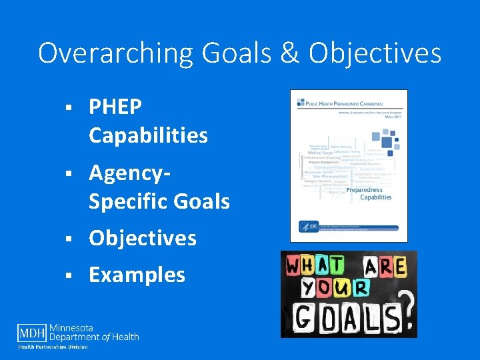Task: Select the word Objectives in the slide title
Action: coord(375,53)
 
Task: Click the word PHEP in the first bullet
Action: coord(115,107)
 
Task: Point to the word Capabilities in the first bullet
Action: coord(148,136)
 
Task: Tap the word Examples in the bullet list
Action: coord(137,275)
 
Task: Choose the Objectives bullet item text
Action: coord(142,238)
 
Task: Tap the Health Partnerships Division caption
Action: coord(52,347)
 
